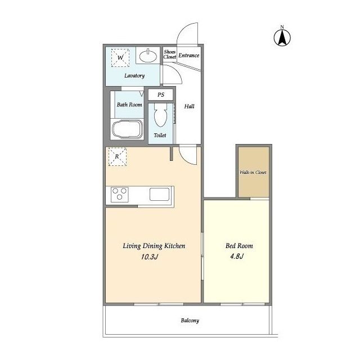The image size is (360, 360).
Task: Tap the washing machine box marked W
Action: point(120,57)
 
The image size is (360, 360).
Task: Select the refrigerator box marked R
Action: point(118,156)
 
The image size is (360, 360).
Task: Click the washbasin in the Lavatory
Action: point(148,56)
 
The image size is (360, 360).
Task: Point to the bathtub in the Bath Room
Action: point(127,129)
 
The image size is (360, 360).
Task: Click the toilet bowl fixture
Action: point(160,115)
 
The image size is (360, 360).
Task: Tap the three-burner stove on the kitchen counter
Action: point(120,195)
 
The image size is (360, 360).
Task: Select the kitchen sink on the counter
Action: point(160,194)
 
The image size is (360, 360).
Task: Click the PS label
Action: point(161,94)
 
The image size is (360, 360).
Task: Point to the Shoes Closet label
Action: point(170,54)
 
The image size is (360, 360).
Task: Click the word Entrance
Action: point(189,55)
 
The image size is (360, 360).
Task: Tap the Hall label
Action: point(189,106)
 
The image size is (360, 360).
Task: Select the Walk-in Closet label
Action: point(253,172)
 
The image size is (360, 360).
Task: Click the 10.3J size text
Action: point(150,256)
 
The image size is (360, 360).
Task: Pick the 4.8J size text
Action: point(237,256)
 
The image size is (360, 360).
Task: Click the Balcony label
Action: point(190,321)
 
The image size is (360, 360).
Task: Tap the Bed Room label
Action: point(239,246)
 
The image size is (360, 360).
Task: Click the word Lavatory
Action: point(134,75)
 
